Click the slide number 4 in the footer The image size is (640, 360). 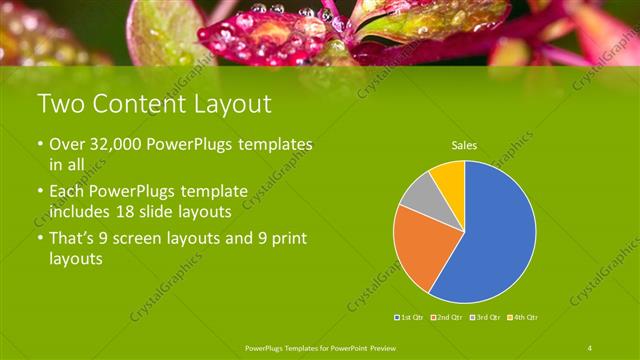pos(589,347)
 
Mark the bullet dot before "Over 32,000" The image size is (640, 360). pos(39,146)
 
